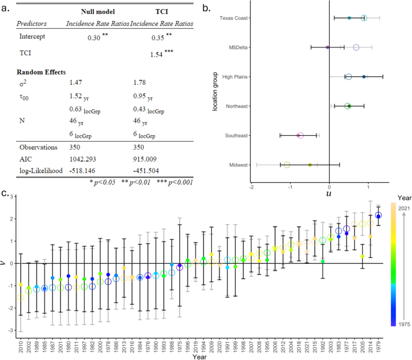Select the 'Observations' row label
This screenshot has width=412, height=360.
pyautogui.click(x=37, y=146)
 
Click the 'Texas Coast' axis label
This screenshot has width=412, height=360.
pyautogui.click(x=235, y=18)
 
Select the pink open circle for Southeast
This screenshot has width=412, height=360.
pyautogui.click(x=300, y=135)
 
